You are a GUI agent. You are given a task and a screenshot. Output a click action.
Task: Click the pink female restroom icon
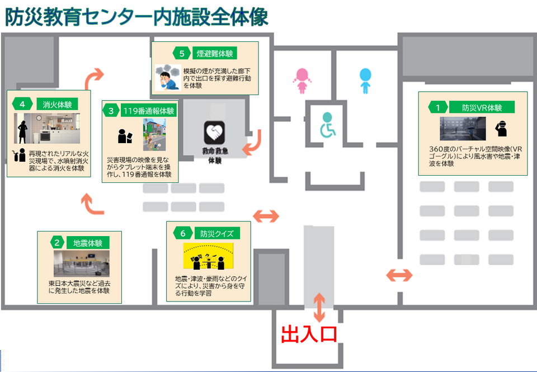click(x=303, y=82)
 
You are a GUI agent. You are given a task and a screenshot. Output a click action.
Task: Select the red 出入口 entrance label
click(x=308, y=335)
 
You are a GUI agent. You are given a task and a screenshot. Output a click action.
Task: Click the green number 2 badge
click(x=57, y=243)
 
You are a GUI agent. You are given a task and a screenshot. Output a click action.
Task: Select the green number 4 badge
click(x=22, y=104)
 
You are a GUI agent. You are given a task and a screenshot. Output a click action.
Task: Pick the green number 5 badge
click(x=182, y=54)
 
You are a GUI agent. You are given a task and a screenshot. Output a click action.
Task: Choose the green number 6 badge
click(x=182, y=233)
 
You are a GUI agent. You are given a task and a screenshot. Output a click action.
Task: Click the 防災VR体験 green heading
click(x=482, y=107)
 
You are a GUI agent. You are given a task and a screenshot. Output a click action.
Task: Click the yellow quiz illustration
click(x=208, y=256)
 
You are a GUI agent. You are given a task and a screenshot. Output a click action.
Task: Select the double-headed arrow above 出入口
click(x=319, y=307)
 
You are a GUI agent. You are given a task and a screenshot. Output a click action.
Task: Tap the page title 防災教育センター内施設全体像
click(x=137, y=17)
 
